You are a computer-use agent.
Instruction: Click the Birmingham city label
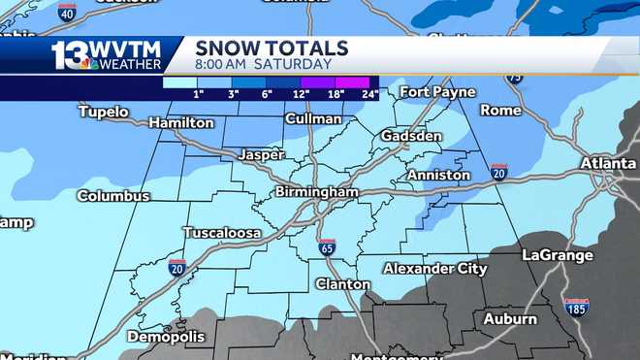(x=316, y=192)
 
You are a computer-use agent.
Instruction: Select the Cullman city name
(x=313, y=119)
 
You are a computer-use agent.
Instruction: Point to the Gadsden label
(x=411, y=137)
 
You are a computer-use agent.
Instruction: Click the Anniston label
(x=438, y=176)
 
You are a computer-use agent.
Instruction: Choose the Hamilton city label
(x=181, y=123)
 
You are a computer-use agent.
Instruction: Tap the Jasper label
(x=261, y=154)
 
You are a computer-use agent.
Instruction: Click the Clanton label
(x=342, y=284)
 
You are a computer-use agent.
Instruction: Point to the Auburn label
(x=510, y=318)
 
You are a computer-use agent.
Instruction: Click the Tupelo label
(x=103, y=113)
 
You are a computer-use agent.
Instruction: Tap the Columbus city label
(x=113, y=196)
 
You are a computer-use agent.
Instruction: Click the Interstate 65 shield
(x=328, y=247)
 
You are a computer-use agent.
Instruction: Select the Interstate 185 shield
(x=576, y=308)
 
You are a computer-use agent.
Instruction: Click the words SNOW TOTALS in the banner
(x=272, y=48)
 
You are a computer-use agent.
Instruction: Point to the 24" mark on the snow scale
(x=368, y=94)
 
